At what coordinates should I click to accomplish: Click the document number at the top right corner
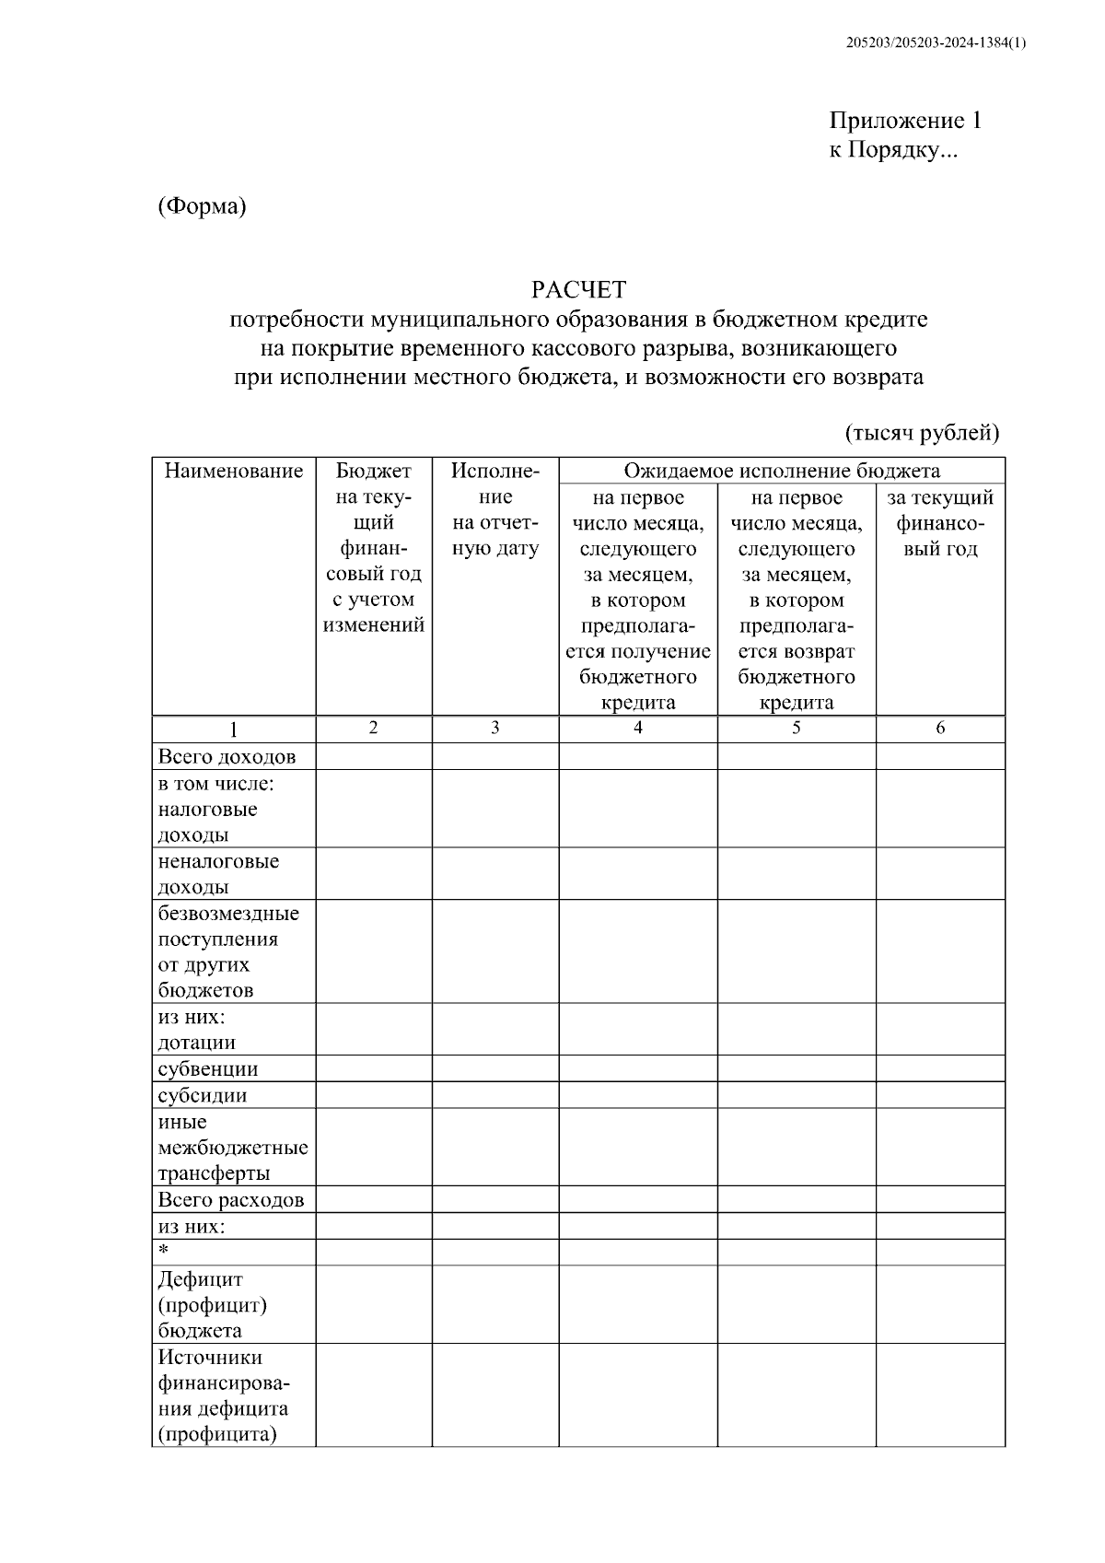pos(936,43)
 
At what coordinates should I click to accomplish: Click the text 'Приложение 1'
pos(905,121)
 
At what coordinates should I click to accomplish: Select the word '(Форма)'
pos(202,206)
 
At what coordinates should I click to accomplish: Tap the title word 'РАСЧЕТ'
pos(578,290)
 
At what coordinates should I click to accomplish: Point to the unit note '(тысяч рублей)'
pos(922,432)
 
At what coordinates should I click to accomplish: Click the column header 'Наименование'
pos(234,472)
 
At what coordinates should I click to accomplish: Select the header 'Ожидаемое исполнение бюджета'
pos(782,471)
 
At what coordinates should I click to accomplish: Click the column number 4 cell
pos(637,728)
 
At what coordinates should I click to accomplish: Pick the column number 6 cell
pos(939,728)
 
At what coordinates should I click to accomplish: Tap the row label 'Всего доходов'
pos(227,757)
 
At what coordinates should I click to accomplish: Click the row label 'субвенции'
pos(208,1069)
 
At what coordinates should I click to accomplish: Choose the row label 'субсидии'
pos(203,1096)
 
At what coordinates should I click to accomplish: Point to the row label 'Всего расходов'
pos(230,1200)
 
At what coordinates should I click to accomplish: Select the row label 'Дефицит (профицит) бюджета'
pos(213,1305)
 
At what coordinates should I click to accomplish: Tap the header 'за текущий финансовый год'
pos(939,523)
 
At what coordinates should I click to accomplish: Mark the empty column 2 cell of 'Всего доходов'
pos(374,757)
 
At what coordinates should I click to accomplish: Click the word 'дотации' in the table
pos(197,1044)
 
